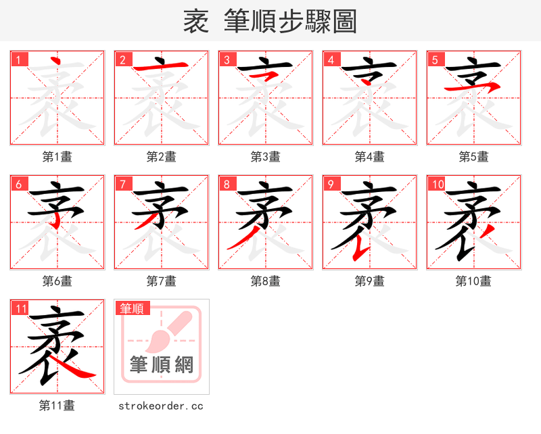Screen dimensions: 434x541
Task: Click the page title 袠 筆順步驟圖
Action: tap(270, 22)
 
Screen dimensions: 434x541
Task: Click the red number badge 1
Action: tap(18, 59)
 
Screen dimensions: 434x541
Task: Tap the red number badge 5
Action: tap(435, 59)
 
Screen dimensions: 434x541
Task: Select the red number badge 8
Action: tap(227, 184)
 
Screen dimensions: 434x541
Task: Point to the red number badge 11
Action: tap(20, 308)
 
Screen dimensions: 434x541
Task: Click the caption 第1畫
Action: tap(57, 157)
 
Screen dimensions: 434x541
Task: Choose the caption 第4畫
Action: tap(370, 157)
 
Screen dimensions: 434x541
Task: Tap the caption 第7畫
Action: tap(162, 281)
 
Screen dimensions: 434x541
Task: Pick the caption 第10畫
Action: tap(473, 281)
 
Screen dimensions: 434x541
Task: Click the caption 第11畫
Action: tap(57, 406)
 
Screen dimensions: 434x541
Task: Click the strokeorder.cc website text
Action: tap(161, 406)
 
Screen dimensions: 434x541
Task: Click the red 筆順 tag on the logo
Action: tap(132, 308)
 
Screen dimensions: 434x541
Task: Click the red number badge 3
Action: tap(227, 59)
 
